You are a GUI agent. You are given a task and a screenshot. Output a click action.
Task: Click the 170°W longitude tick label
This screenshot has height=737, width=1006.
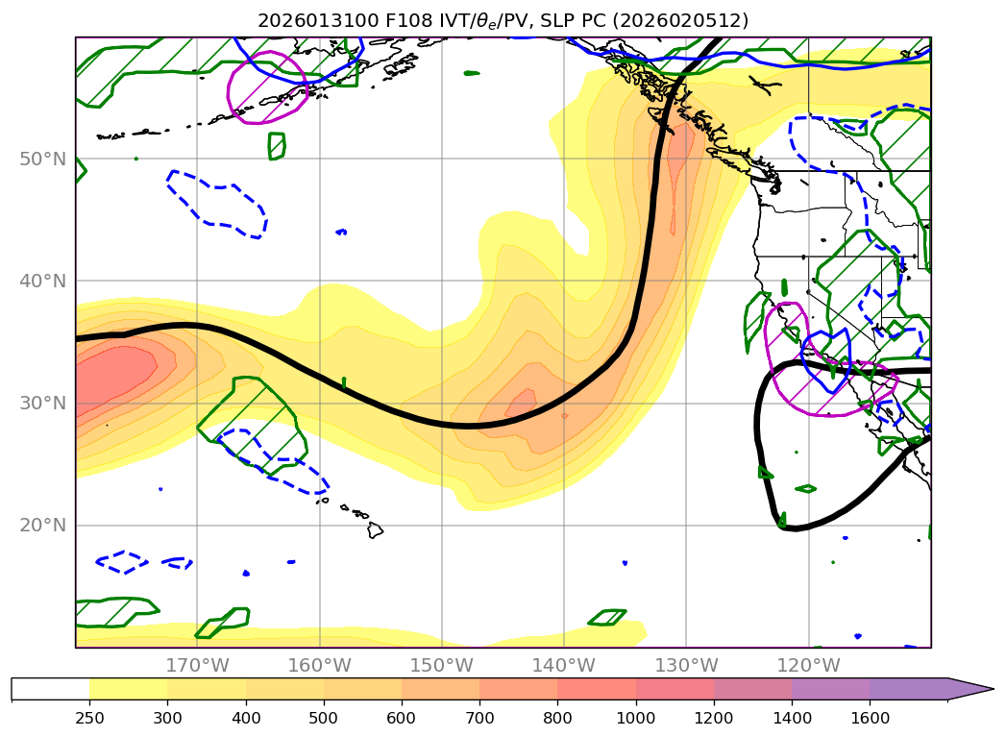[197, 665]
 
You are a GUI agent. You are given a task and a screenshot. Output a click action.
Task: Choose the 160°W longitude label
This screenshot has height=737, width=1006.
[319, 665]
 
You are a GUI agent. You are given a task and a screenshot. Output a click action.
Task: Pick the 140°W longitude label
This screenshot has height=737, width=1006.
[564, 665]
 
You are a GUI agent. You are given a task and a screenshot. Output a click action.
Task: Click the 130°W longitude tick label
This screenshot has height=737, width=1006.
[686, 665]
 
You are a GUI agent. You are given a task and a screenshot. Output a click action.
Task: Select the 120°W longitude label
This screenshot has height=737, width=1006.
[808, 665]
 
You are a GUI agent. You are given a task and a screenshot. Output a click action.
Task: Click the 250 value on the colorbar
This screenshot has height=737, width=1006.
[89, 718]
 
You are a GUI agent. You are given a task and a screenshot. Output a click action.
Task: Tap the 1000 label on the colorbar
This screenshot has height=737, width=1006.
[636, 718]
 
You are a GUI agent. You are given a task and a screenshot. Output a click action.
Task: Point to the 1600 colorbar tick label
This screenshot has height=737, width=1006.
[870, 718]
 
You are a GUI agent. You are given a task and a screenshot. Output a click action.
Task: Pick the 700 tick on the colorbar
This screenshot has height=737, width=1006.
[479, 718]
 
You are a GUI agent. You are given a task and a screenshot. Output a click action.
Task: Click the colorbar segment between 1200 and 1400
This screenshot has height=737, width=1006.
[752, 689]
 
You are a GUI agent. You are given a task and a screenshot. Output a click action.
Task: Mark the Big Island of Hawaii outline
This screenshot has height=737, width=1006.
[375, 529]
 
